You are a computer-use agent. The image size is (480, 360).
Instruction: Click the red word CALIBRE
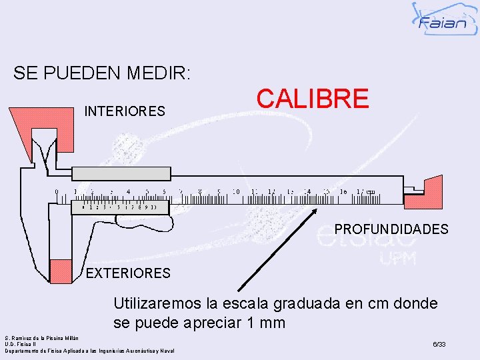click(312, 99)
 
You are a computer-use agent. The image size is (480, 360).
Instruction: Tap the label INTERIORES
click(125, 111)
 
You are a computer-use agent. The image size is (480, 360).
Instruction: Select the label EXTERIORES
click(128, 273)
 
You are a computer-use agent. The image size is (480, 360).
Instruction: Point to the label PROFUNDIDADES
click(391, 229)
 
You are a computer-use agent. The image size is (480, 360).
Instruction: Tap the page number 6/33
click(439, 345)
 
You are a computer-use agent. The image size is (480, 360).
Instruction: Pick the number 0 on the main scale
click(57, 192)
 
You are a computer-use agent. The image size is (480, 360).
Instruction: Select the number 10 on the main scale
click(235, 192)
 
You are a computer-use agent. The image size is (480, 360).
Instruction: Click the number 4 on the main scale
click(128, 192)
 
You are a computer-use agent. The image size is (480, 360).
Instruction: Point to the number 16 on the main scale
click(343, 192)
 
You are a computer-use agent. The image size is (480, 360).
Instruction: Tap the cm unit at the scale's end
click(371, 192)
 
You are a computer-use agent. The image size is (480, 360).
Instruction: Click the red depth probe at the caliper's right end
click(429, 191)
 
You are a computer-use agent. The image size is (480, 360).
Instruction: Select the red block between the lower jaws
click(61, 270)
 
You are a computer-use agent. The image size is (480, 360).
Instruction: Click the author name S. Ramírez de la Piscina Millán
click(42, 338)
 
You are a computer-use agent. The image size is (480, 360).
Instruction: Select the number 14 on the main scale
click(307, 192)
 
